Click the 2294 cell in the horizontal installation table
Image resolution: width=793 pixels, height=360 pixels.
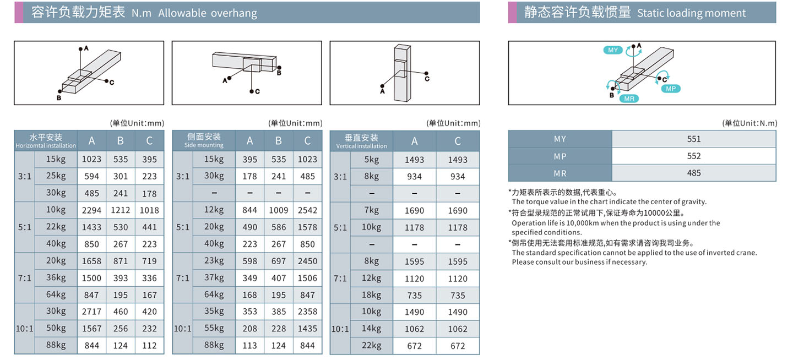92,210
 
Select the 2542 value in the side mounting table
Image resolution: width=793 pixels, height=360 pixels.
307,210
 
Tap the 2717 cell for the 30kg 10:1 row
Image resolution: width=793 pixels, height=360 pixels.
92,312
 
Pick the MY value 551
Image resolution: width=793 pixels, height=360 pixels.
694,139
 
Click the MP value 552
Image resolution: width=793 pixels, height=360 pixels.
694,156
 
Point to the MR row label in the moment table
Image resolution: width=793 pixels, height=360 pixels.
560,173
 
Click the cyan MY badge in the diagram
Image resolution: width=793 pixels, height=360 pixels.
613,50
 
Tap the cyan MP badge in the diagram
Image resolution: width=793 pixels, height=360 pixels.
670,89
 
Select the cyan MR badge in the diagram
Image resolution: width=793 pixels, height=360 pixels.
628,99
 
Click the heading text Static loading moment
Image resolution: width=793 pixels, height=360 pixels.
691,13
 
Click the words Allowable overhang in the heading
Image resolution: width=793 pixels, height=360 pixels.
208,13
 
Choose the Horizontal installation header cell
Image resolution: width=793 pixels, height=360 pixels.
46,140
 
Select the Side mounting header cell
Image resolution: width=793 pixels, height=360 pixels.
204,140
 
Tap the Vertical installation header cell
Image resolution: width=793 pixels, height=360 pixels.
361,140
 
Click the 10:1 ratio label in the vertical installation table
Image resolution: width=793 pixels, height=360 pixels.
340,329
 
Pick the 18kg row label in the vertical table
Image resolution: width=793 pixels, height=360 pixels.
372,295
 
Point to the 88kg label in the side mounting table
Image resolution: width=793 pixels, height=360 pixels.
214,345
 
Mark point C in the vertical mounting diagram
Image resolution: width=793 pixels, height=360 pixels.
426,78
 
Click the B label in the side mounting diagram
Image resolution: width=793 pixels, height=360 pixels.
279,72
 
